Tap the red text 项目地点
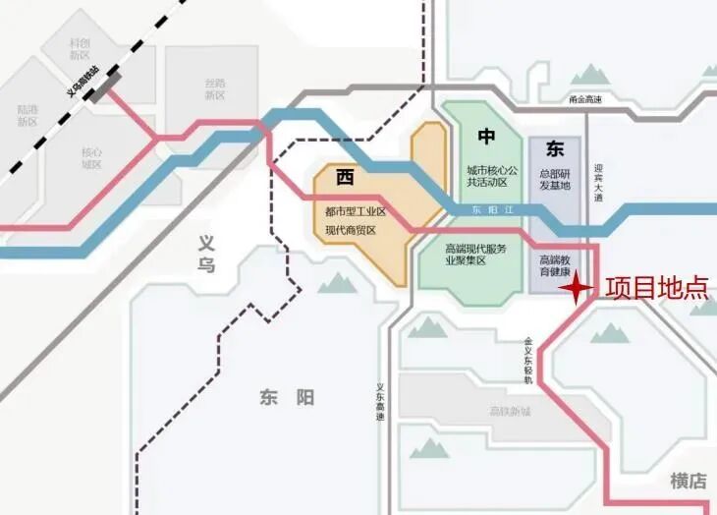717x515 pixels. click(x=656, y=287)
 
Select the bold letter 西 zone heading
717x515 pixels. click(x=345, y=177)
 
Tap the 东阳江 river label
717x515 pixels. click(x=487, y=209)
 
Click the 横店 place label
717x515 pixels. click(x=689, y=481)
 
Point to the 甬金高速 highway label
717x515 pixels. click(x=585, y=99)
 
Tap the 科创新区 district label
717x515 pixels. click(x=80, y=49)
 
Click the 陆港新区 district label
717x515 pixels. click(x=28, y=116)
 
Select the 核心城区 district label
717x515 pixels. click(x=91, y=158)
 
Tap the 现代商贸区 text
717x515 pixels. click(x=351, y=230)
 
